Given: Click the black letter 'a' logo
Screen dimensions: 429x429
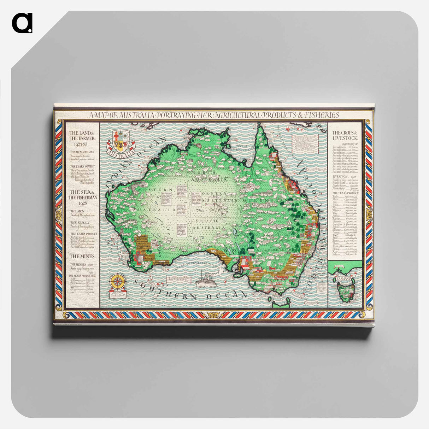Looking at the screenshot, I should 22,23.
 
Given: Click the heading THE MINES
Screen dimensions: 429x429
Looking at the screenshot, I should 79,256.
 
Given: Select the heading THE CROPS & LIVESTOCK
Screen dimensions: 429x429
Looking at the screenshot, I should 345,135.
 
